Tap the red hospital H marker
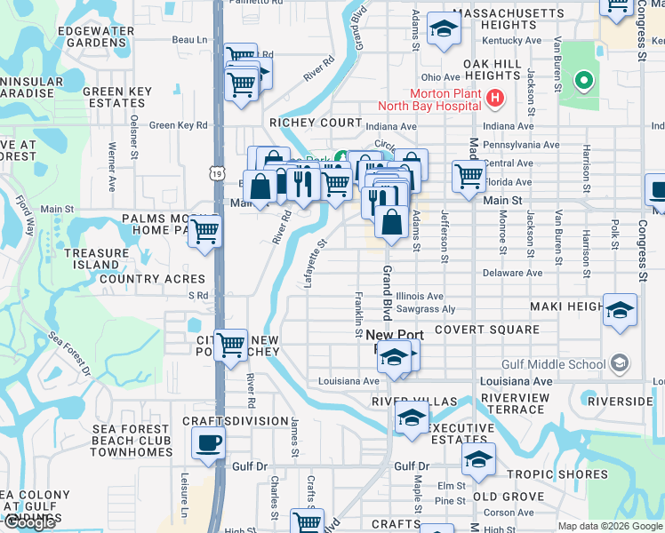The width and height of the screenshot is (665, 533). (x=494, y=97)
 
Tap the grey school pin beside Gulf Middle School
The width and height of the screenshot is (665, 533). (x=620, y=363)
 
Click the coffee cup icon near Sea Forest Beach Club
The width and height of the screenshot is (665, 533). (x=208, y=442)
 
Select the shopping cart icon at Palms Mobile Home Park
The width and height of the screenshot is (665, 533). (x=206, y=232)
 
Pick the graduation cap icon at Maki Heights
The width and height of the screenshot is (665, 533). (x=621, y=310)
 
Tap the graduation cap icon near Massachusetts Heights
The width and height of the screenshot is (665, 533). (x=442, y=28)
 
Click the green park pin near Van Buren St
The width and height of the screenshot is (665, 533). (x=583, y=83)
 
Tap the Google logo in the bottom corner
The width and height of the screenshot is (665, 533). (x=28, y=522)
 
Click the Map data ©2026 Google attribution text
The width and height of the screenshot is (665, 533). (x=610, y=526)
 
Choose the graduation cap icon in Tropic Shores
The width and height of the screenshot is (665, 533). (x=478, y=459)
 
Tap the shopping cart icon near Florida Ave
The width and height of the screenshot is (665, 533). (x=468, y=176)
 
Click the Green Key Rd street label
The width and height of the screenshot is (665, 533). (x=178, y=125)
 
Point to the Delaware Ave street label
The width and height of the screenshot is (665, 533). (x=513, y=273)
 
